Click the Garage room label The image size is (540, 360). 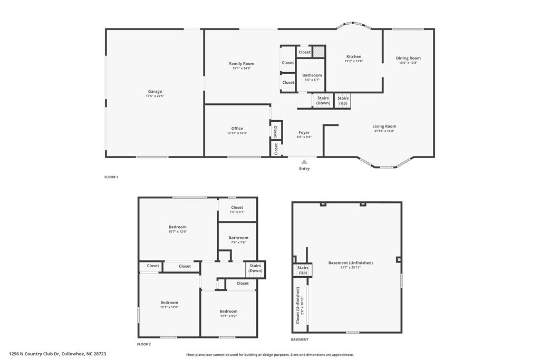(155, 92)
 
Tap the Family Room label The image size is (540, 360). (242, 64)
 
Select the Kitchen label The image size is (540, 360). (354, 56)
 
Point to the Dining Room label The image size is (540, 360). (408, 59)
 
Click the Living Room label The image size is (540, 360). (384, 127)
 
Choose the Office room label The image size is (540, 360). (237, 129)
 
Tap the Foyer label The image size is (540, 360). (304, 132)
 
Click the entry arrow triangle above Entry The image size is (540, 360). (304, 162)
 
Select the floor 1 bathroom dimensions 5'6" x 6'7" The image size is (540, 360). (312, 80)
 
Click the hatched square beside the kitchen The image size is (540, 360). (319, 52)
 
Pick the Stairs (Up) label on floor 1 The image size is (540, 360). (343, 100)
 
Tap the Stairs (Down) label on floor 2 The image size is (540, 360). (256, 268)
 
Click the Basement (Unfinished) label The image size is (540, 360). (350, 263)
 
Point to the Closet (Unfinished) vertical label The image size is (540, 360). (298, 305)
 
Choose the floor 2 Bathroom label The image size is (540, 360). (238, 238)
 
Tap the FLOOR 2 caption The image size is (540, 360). (144, 344)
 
